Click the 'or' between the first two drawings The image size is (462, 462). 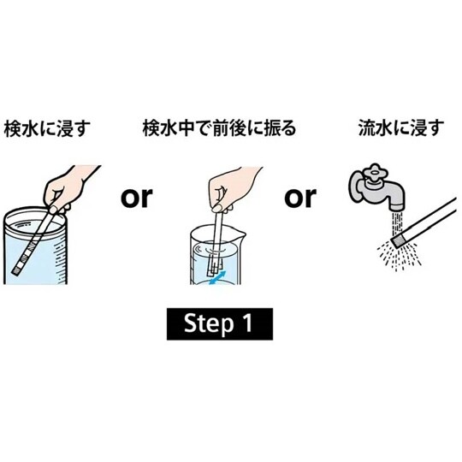pos(136,198)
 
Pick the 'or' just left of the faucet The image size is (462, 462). pos(299,198)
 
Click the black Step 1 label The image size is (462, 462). pos(220,325)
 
